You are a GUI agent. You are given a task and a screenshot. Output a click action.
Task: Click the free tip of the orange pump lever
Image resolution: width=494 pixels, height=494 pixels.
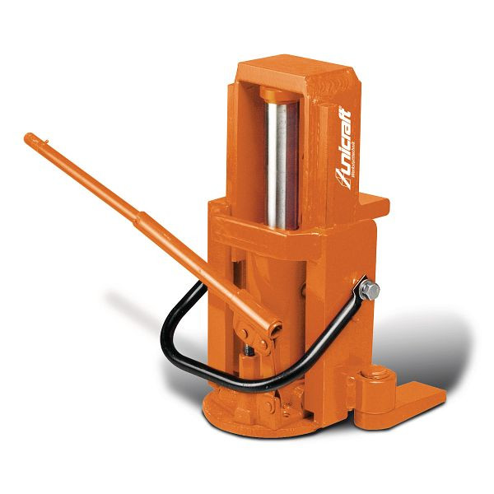coord(29,137)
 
